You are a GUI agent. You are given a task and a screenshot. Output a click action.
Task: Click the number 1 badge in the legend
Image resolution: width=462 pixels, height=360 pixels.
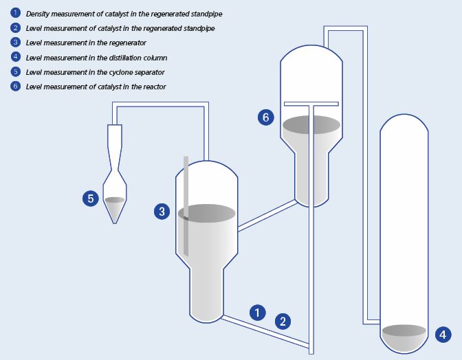point(15,13)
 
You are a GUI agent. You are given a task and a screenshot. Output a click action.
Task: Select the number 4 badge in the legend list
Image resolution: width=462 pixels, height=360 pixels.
point(15,57)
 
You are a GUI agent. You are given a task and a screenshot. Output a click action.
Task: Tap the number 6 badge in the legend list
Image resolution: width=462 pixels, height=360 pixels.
point(15,87)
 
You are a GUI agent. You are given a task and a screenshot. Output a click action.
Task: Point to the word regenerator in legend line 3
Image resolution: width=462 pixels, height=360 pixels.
point(124,43)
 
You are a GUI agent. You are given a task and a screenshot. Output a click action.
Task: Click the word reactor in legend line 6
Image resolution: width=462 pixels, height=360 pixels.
point(154,87)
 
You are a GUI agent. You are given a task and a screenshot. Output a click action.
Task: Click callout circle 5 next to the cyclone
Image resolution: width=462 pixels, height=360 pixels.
point(90,199)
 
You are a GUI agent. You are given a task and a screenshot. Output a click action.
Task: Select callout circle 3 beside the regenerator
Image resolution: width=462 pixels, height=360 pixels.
point(162,212)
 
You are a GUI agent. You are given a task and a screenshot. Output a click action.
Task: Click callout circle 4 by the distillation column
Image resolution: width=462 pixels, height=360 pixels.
point(443,335)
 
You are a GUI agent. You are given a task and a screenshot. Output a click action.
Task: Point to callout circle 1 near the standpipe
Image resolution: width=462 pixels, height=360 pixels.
point(257,313)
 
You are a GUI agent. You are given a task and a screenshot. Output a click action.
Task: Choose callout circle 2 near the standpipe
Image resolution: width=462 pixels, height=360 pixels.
point(283,320)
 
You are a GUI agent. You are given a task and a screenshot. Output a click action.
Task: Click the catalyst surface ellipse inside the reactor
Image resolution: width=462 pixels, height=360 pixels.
point(311,124)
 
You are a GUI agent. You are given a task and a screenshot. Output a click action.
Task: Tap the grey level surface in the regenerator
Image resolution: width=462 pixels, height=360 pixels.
point(208,213)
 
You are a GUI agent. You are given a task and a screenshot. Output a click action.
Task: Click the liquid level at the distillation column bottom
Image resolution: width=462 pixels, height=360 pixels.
point(404,330)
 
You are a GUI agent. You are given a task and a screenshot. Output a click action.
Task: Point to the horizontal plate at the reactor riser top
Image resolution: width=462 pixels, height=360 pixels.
point(311,104)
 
